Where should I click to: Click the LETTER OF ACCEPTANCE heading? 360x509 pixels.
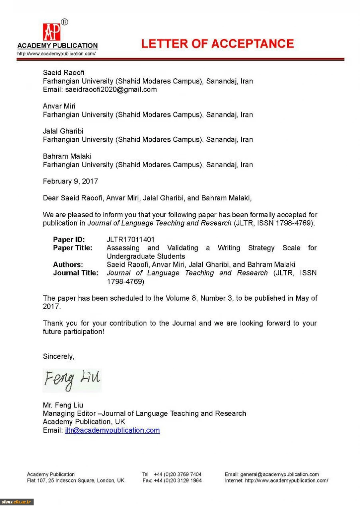(217, 44)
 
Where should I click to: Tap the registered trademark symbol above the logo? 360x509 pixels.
(64, 22)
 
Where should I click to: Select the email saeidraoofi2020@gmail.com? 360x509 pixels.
(111, 90)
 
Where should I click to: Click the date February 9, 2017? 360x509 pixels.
(70, 181)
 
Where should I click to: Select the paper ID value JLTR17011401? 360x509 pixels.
(130, 240)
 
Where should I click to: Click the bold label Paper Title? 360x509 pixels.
(73, 248)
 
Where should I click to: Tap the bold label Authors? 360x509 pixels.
(68, 265)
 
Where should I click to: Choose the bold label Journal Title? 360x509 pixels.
(76, 273)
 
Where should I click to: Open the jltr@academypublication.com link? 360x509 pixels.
(112, 431)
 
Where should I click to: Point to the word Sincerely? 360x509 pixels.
(58, 356)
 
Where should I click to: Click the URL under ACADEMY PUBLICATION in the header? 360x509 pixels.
(56, 54)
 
